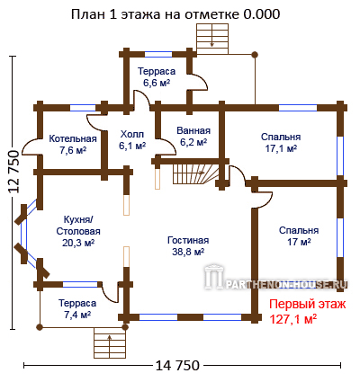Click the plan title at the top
[x=175, y=14]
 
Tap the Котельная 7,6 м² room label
[x=73, y=144]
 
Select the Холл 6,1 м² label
[x=132, y=139]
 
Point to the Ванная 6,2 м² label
[x=193, y=136]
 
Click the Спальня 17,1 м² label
[x=281, y=142]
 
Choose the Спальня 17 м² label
[x=299, y=235]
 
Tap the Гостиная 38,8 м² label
[x=188, y=245]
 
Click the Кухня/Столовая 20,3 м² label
[x=78, y=231]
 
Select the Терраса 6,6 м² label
[x=157, y=76]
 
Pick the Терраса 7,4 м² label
[x=77, y=308]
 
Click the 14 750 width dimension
[x=177, y=365]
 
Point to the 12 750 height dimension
[x=14, y=172]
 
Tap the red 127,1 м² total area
[x=293, y=319]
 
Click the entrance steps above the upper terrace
[x=212, y=39]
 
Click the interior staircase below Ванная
[x=196, y=174]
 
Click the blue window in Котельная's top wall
[x=83, y=108]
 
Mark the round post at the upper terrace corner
[x=255, y=55]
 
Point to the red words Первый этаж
[x=308, y=305]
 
